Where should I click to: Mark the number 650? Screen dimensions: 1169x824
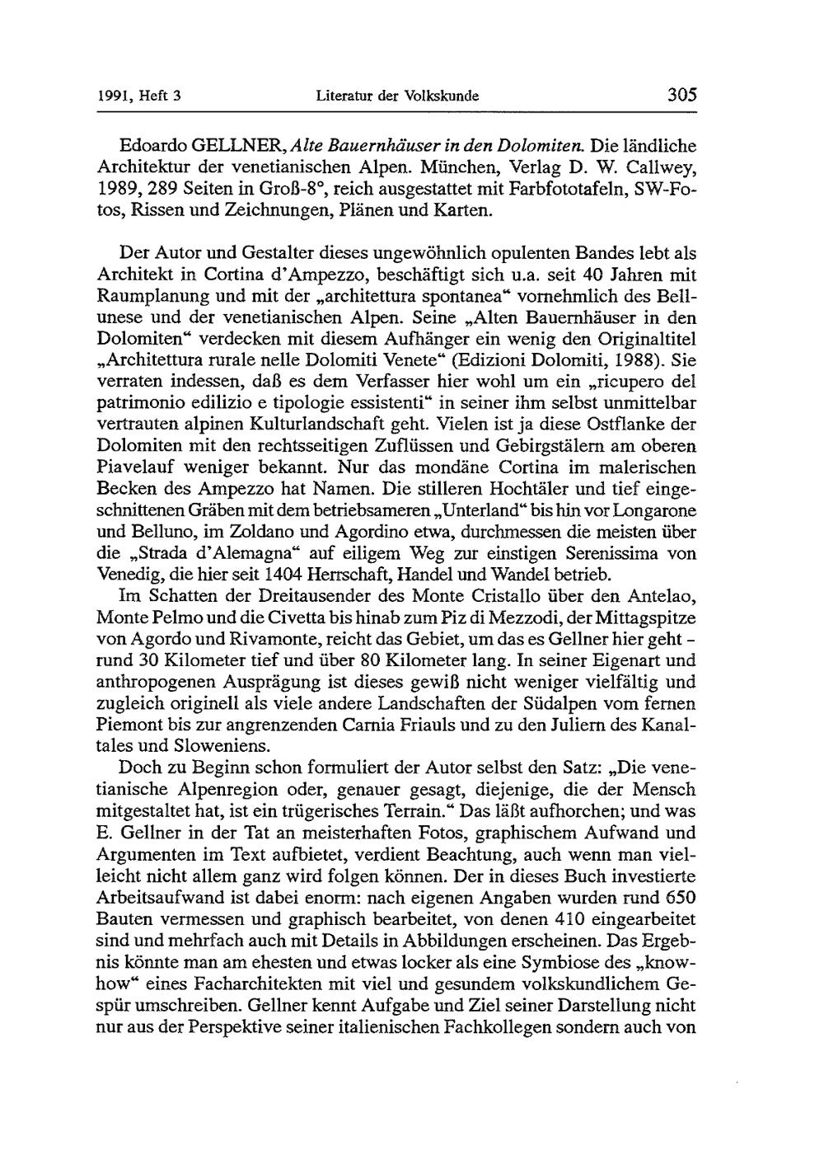pos(678,897)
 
